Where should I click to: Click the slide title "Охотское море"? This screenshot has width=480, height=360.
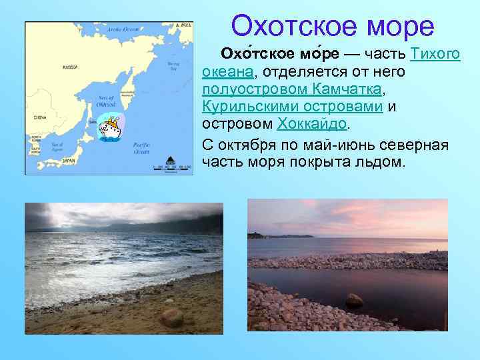(x=333, y=27)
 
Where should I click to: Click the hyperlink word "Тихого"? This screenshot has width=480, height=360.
(x=436, y=54)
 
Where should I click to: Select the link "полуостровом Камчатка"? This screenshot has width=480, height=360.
(x=293, y=89)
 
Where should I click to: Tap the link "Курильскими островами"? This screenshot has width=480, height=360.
(x=292, y=106)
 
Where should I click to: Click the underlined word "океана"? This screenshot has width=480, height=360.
(x=227, y=71)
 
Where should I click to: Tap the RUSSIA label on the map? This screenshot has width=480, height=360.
(x=69, y=67)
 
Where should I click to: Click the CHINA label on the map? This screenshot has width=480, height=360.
(x=39, y=117)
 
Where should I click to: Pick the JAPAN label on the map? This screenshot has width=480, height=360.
(x=69, y=161)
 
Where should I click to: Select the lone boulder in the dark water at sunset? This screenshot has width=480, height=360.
(x=353, y=301)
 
